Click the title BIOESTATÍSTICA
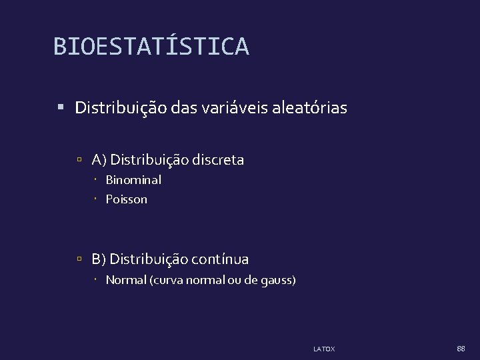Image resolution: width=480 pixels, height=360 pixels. click(151, 47)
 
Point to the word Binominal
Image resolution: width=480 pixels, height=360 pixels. click(133, 180)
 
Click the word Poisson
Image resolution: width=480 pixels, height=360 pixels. click(127, 199)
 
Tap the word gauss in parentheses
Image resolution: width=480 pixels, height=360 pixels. click(278, 280)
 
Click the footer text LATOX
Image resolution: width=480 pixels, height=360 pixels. click(324, 349)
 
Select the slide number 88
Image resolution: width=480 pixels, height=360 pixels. click(461, 349)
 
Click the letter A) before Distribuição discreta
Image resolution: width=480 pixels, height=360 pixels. click(99, 160)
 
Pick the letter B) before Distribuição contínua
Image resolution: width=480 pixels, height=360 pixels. click(99, 259)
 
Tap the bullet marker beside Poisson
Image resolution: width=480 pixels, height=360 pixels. click(96, 199)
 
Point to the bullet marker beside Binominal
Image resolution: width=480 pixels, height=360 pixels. click(96, 180)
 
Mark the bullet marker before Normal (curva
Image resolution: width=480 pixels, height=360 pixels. click(96, 280)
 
